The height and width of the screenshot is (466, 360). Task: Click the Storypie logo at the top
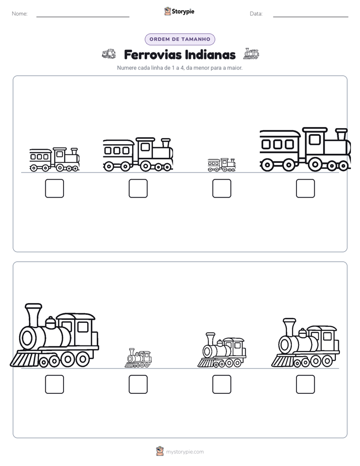[x=179, y=12]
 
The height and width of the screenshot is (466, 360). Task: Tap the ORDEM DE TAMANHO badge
[x=179, y=39]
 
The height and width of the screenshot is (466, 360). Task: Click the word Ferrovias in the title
[x=152, y=54]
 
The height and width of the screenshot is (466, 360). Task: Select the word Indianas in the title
[x=210, y=54]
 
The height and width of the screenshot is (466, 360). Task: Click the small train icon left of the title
[x=109, y=54]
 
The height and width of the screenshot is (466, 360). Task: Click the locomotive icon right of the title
[x=251, y=53]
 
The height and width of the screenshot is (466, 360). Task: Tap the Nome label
[x=20, y=14]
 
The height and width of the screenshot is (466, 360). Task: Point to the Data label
[x=256, y=14]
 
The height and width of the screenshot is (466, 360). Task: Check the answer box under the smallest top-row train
[x=221, y=189]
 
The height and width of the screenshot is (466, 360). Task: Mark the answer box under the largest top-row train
[x=306, y=189]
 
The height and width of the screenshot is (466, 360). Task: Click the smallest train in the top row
[x=221, y=165]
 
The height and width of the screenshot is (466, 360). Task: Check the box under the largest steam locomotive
[x=54, y=384]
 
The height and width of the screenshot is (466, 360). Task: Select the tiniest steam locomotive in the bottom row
[x=138, y=358]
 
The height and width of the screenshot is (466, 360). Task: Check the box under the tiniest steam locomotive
[x=138, y=384]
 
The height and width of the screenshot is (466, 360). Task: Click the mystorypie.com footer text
[x=185, y=452]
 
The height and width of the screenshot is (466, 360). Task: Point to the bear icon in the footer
[x=160, y=451]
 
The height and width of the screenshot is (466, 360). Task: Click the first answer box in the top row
[x=54, y=189]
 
